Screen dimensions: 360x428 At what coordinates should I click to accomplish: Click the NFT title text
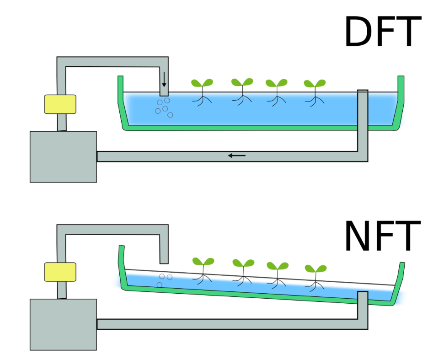point(382,236)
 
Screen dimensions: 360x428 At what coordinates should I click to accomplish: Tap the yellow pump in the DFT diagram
point(60,104)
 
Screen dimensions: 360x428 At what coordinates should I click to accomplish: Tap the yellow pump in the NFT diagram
point(60,272)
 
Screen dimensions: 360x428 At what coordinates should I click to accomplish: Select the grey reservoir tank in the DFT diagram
point(63,157)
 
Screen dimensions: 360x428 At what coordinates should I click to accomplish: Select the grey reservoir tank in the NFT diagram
point(63,324)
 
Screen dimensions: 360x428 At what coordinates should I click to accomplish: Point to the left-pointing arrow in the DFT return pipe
point(237,156)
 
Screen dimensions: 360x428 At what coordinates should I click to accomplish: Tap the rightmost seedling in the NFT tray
point(316,272)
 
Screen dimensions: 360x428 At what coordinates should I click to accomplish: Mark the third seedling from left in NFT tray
point(277,270)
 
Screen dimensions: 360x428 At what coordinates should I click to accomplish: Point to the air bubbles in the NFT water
point(164,279)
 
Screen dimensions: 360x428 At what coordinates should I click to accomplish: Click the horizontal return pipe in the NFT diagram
point(229,324)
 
